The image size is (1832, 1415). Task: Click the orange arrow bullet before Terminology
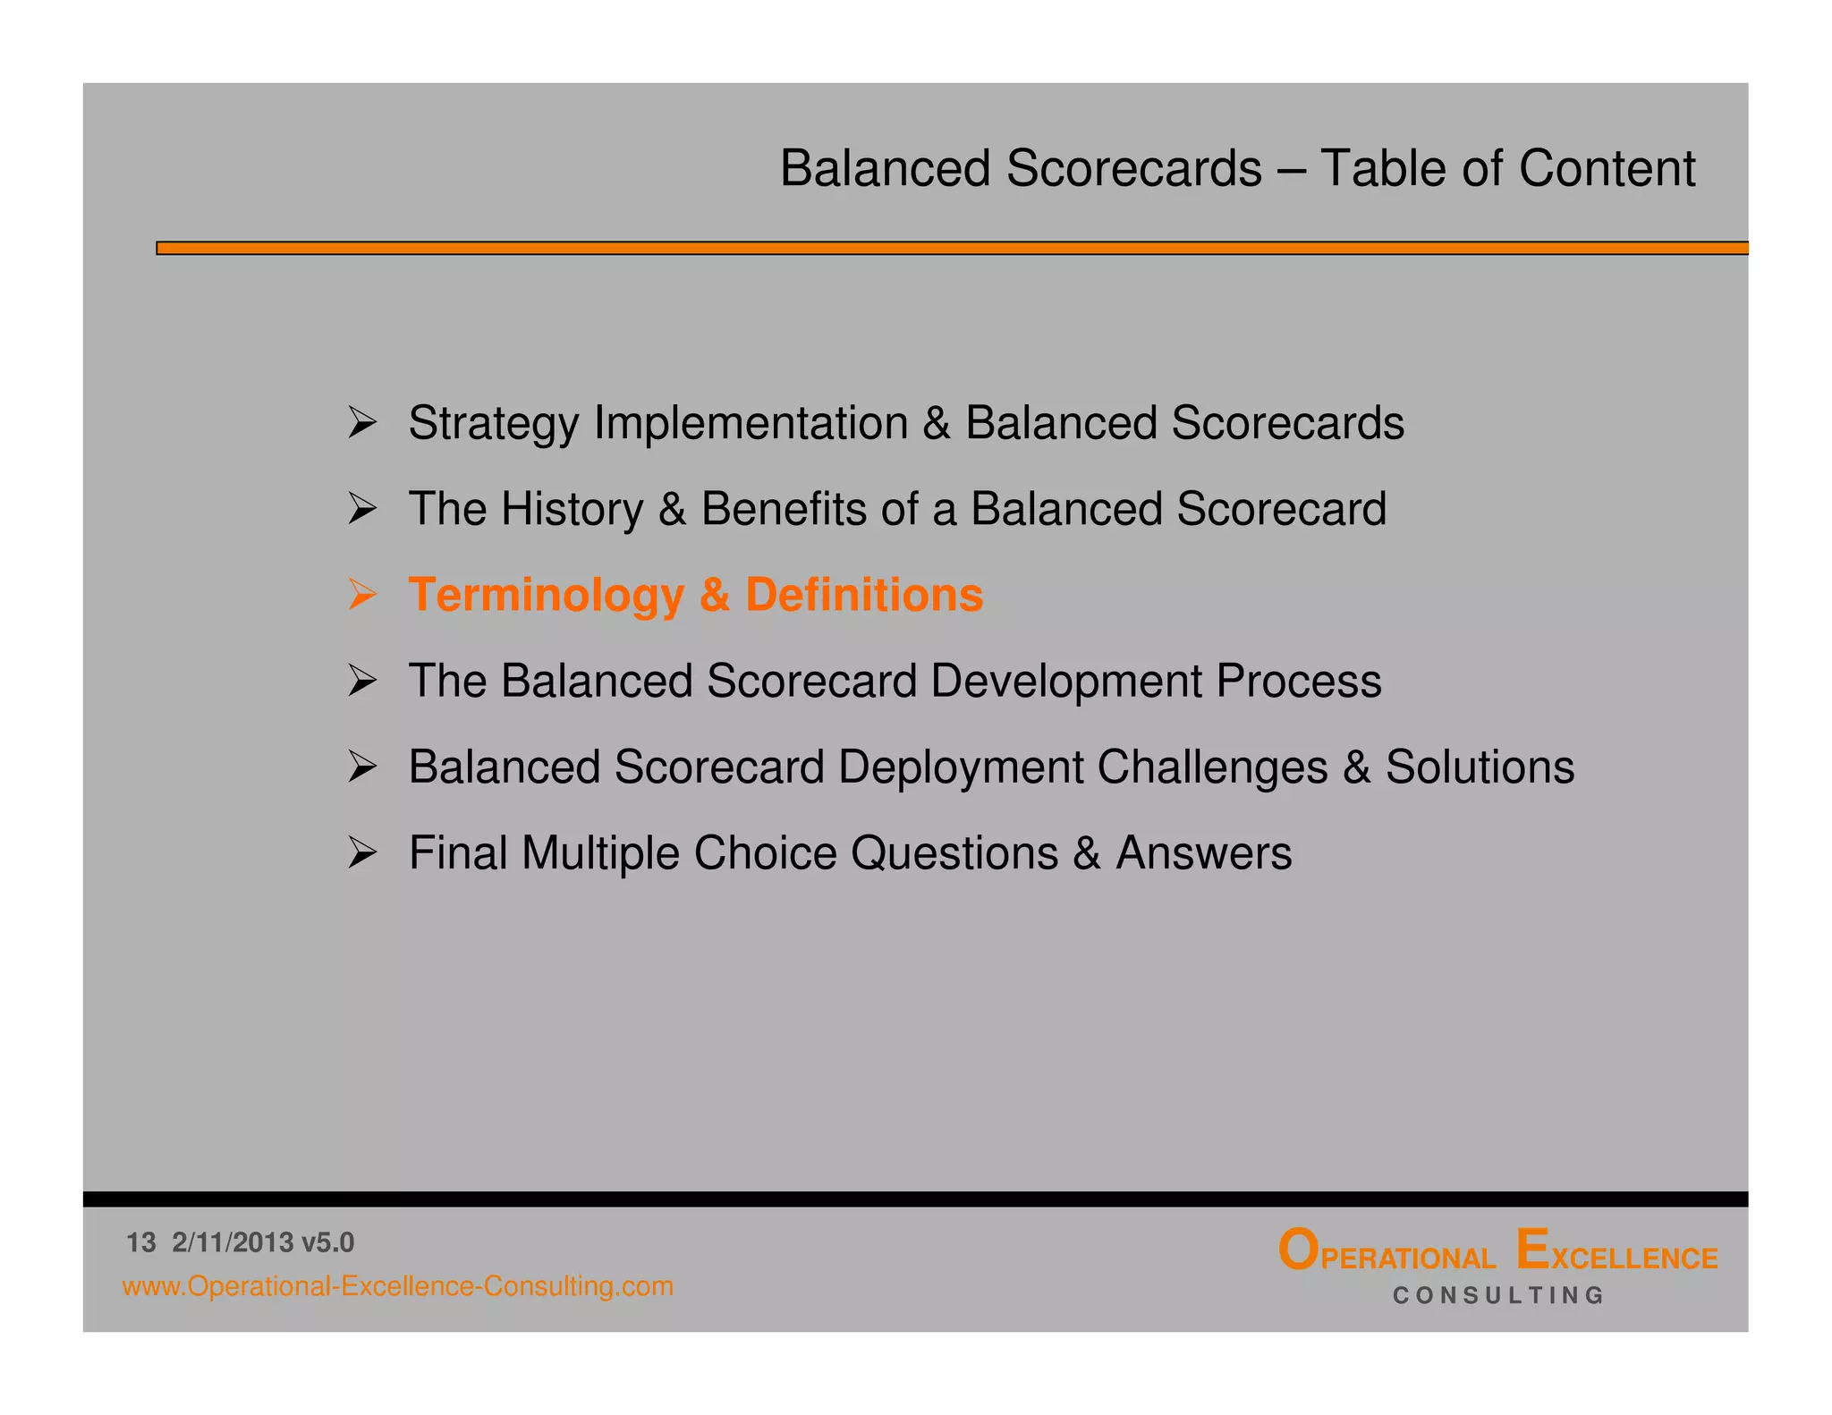pos(362,595)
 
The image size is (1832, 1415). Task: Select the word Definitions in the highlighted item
pos(864,595)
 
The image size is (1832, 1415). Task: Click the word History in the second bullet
pos(572,509)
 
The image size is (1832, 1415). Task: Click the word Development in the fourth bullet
pos(1065,682)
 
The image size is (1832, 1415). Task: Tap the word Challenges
pos(1212,768)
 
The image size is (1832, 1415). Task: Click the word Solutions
pos(1480,767)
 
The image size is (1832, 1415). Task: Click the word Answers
pos(1203,853)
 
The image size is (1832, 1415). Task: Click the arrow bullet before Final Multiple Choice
pos(362,853)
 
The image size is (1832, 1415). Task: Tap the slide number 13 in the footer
pos(141,1243)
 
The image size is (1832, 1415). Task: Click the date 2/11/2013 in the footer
pos(233,1243)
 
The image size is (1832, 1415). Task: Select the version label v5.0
pos(328,1243)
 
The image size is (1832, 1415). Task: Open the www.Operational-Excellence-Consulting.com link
pos(398,1287)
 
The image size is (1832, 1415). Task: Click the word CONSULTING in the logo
pos(1498,1296)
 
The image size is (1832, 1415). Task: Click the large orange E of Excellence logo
pos(1533,1250)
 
